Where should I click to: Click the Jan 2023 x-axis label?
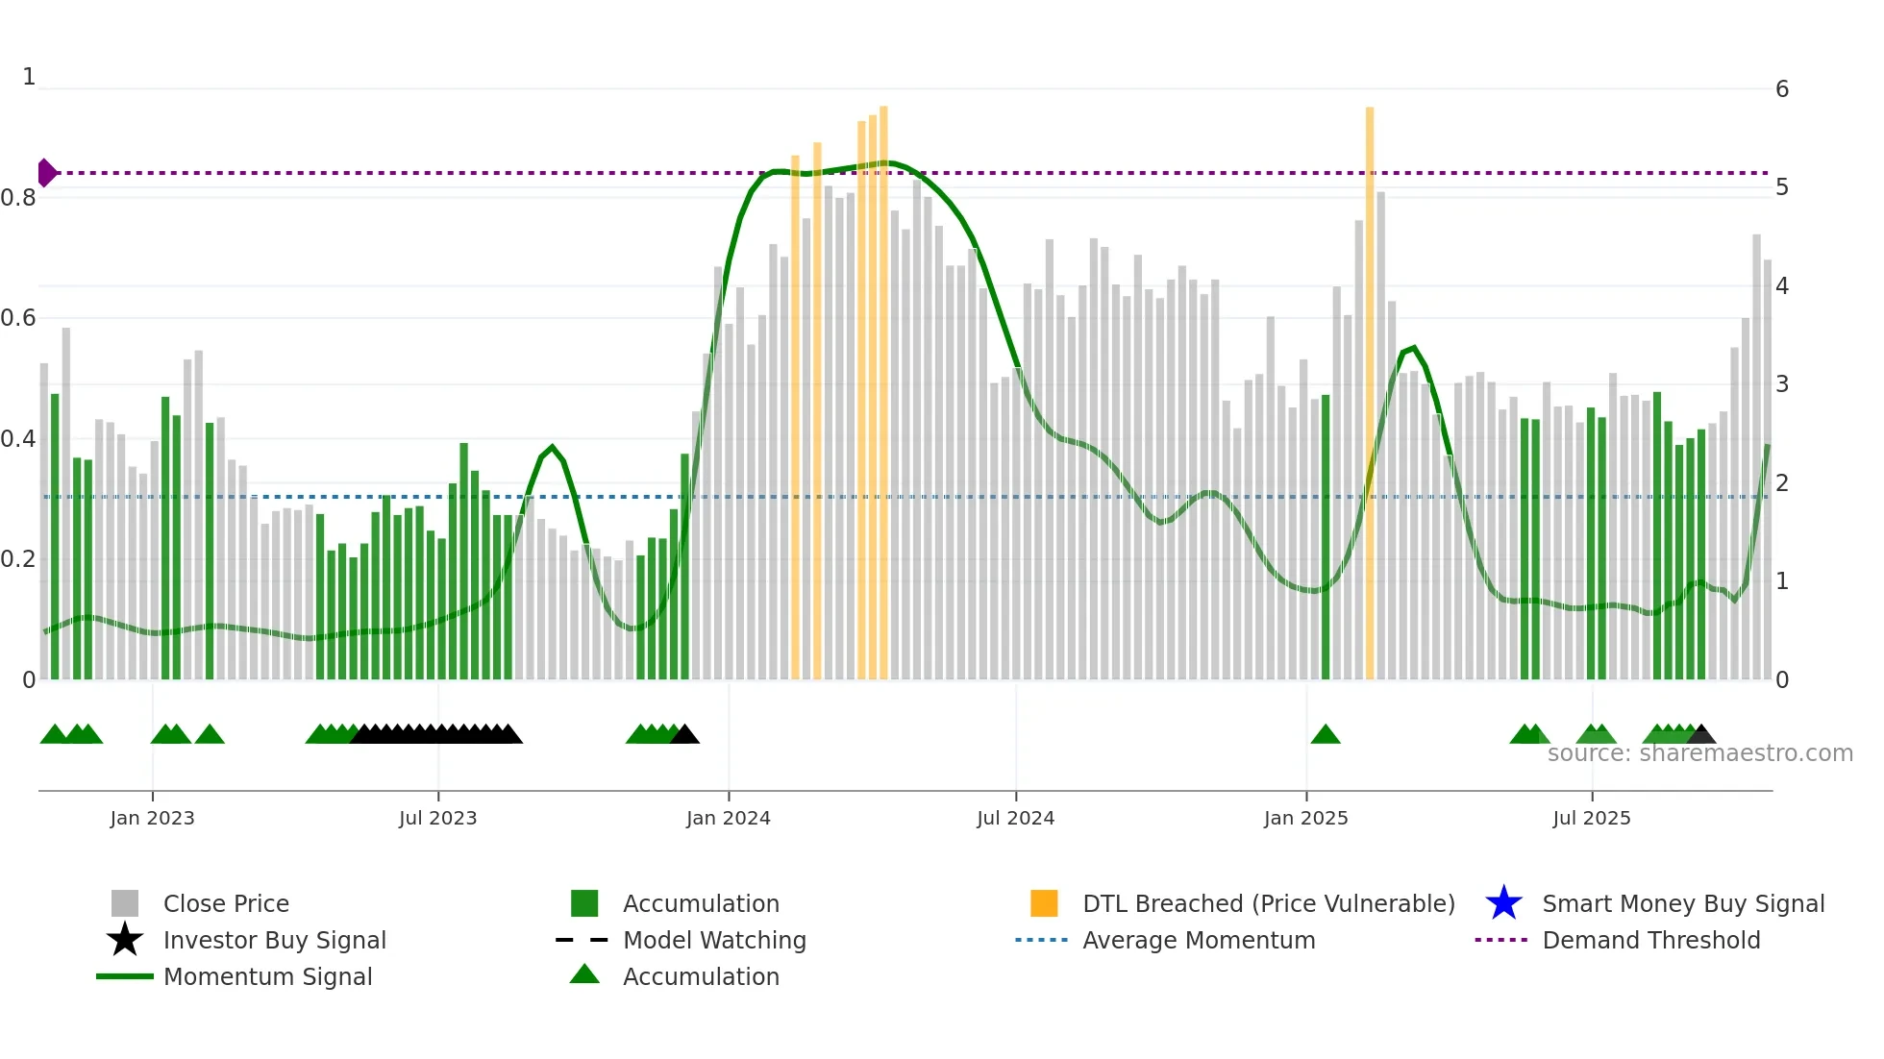pyautogui.click(x=152, y=819)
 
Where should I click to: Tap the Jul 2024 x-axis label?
pyautogui.click(x=1015, y=819)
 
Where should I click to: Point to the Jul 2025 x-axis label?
pyautogui.click(x=1591, y=819)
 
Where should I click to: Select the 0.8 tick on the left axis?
pyautogui.click(x=18, y=198)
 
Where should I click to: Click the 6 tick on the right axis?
pyautogui.click(x=1781, y=89)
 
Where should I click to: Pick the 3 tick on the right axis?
pyautogui.click(x=1781, y=384)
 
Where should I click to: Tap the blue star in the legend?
pyautogui.click(x=1503, y=903)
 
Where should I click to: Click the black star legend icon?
pyautogui.click(x=125, y=940)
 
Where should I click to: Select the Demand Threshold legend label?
pyautogui.click(x=1650, y=940)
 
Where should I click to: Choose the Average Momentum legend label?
pyautogui.click(x=1199, y=940)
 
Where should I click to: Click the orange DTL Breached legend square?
pyautogui.click(x=1044, y=903)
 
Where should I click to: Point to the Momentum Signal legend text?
pyautogui.click(x=267, y=976)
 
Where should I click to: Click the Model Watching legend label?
pyautogui.click(x=714, y=940)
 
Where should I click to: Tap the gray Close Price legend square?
pyautogui.click(x=125, y=903)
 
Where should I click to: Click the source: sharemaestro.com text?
pyautogui.click(x=1699, y=753)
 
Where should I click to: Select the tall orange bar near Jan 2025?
pyautogui.click(x=1370, y=384)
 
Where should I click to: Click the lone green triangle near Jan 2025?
pyautogui.click(x=1326, y=735)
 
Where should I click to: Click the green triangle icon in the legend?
pyautogui.click(x=584, y=974)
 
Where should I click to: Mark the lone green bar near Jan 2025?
pyautogui.click(x=1326, y=538)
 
